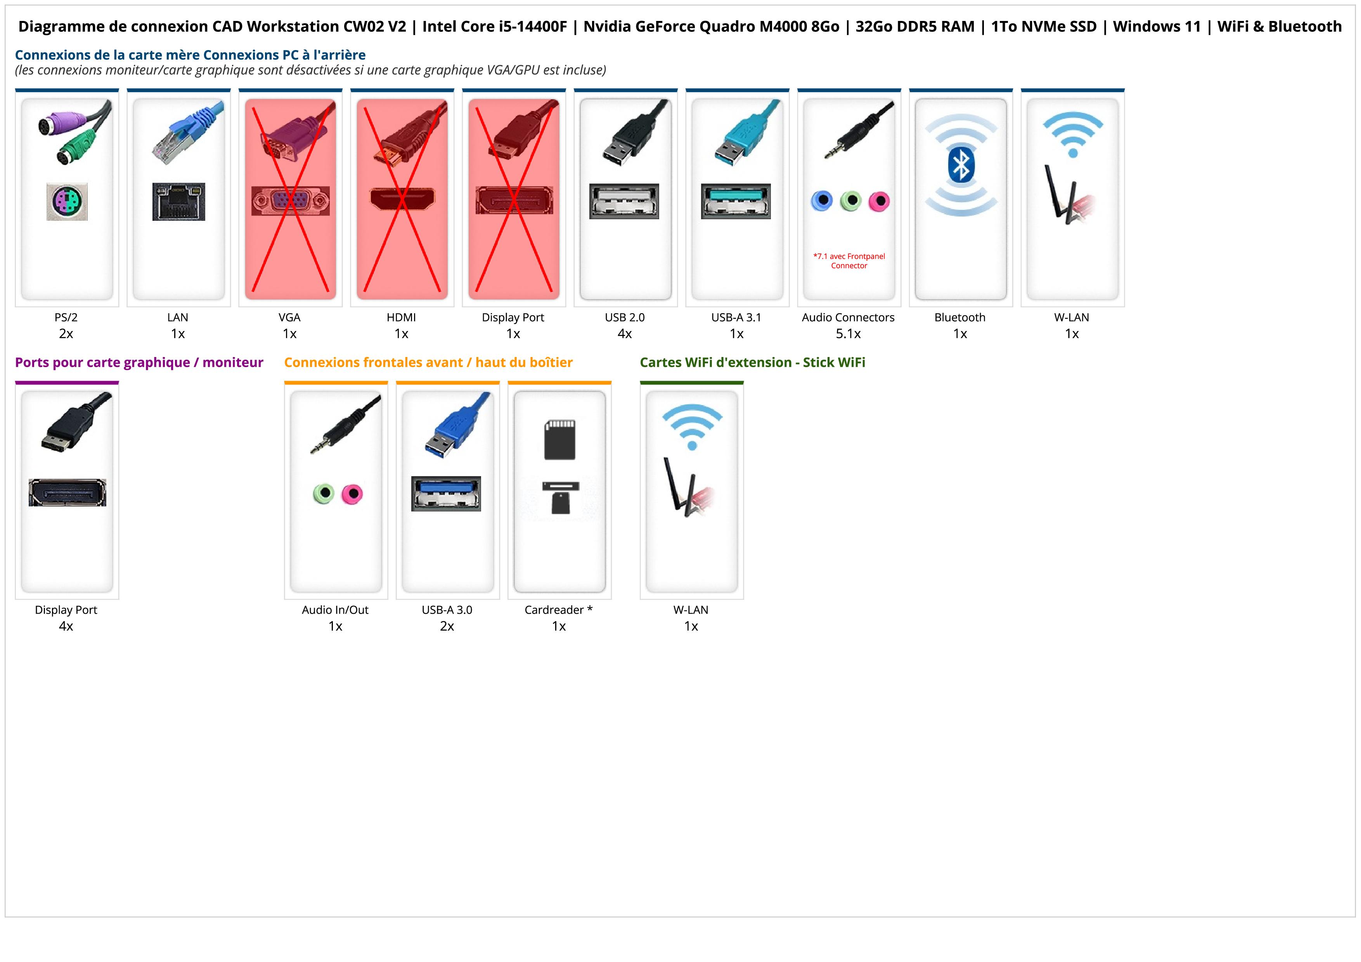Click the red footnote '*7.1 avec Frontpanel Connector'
coord(849,261)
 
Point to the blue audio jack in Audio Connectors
coord(822,201)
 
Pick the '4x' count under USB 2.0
coord(625,334)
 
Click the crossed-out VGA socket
coord(290,201)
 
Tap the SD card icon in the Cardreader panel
coord(559,440)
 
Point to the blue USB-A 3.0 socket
coord(446,493)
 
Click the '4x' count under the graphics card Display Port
coord(66,626)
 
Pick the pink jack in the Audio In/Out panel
coord(353,493)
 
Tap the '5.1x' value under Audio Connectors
coord(848,334)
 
